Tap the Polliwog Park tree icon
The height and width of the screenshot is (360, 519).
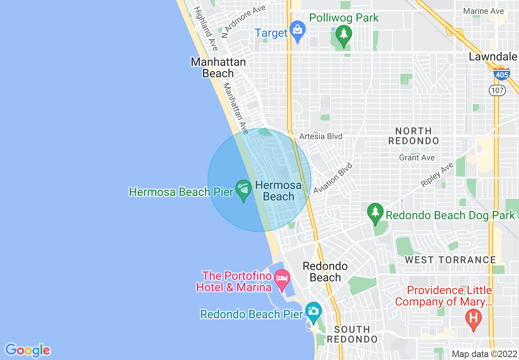coord(344,34)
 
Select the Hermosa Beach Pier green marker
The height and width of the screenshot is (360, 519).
coord(244,190)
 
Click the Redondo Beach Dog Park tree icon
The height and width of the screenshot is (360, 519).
coord(375,213)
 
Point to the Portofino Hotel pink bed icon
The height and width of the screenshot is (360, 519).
coord(282,279)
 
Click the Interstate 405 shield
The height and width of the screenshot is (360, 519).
coord(501,75)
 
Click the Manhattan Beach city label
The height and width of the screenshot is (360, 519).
coord(218,68)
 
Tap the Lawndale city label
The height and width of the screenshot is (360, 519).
coord(493,57)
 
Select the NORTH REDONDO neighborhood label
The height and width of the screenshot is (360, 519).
coord(413,136)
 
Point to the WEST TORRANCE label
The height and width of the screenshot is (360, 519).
coord(450,260)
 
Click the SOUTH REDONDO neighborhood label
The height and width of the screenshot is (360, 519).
coord(352,334)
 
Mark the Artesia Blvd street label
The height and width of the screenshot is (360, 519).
coord(320,137)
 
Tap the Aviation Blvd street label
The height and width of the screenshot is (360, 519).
coord(333,178)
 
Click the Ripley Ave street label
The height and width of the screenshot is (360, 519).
coord(438,175)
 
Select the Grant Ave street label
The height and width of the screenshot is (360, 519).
coord(417,158)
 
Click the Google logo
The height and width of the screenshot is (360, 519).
coord(27,350)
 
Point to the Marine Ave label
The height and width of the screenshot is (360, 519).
coord(483,11)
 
